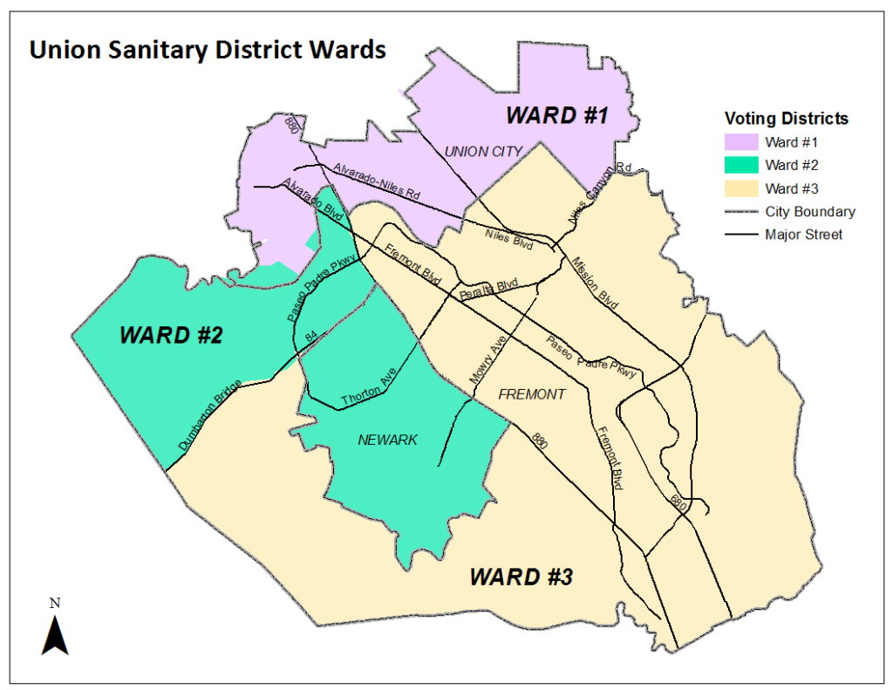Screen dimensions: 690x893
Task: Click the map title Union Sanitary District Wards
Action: [x=208, y=50]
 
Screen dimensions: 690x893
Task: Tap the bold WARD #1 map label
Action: [x=556, y=115]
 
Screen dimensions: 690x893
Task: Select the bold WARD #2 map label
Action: [x=171, y=335]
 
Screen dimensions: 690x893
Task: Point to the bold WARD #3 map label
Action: [x=521, y=577]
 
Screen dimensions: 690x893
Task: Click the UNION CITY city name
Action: [x=483, y=152]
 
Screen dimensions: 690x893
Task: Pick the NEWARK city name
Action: [x=387, y=441]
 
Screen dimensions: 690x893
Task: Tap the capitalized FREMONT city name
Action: [x=531, y=394]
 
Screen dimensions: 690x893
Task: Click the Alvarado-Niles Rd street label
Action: [x=376, y=183]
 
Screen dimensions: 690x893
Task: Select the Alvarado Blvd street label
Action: [x=313, y=201]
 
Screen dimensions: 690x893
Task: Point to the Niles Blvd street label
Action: [x=508, y=236]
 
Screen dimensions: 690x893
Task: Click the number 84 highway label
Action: [x=311, y=337]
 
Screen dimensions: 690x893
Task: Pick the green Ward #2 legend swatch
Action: [x=740, y=165]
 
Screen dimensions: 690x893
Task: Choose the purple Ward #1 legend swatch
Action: [x=740, y=141]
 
